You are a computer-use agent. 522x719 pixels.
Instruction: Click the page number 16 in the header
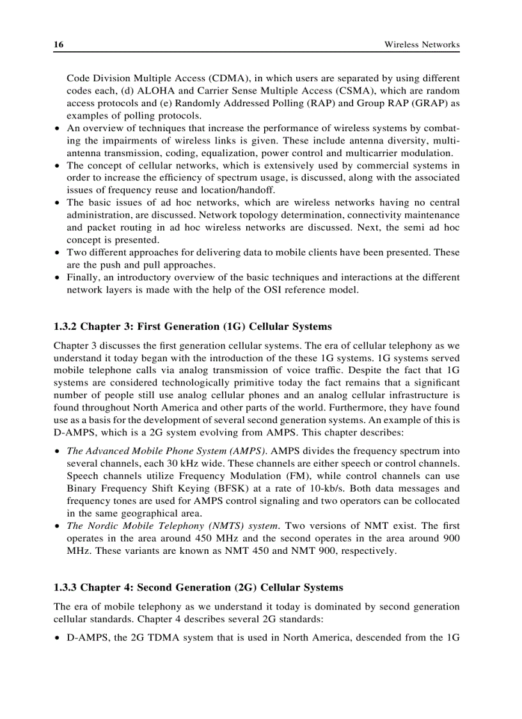(x=58, y=44)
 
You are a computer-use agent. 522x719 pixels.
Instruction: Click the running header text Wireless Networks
(x=422, y=45)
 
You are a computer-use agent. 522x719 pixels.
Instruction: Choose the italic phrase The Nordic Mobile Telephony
(x=135, y=526)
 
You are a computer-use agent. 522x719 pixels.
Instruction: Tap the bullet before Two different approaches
(x=58, y=253)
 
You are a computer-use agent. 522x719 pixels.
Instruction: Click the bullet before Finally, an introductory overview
(x=58, y=278)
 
